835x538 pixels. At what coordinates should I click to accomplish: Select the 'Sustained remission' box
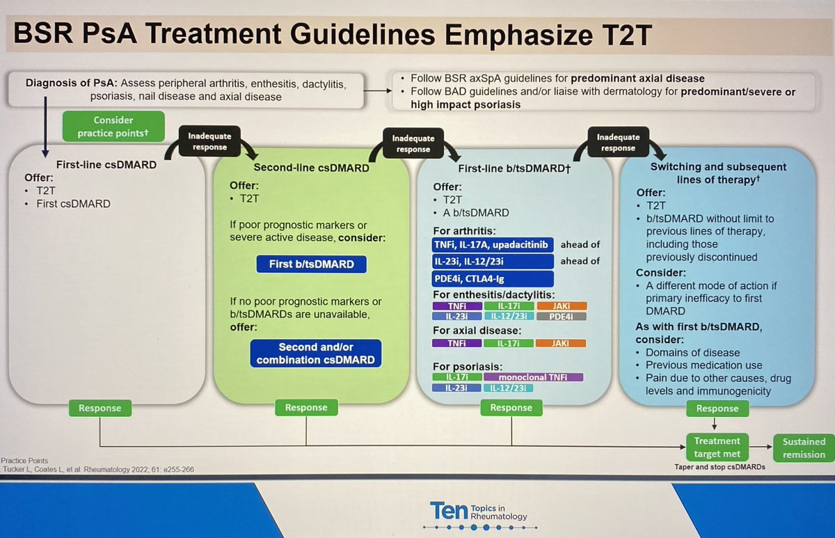point(804,448)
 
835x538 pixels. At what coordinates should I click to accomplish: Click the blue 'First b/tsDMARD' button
point(308,264)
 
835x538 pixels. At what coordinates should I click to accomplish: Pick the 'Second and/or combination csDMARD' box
point(307,354)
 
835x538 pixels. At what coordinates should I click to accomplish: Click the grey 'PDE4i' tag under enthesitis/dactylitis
point(562,317)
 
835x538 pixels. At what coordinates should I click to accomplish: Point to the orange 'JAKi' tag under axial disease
point(562,342)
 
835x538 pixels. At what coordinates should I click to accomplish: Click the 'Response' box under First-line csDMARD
point(100,408)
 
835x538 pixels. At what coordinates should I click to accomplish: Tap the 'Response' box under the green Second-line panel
point(306,408)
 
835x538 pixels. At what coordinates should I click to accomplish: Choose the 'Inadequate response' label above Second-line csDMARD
point(209,142)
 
